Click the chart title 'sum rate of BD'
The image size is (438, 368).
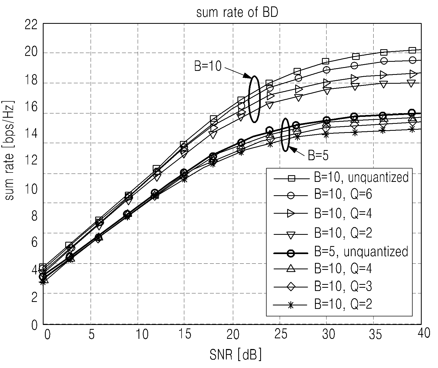237,13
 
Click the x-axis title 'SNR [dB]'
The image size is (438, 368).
235,355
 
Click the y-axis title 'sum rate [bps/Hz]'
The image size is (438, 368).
10,151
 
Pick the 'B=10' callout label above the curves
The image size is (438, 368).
208,66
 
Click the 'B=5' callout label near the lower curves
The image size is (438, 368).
318,156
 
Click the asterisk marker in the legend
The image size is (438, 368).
291,305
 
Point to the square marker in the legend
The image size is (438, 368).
291,178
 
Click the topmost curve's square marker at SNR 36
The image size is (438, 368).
384,52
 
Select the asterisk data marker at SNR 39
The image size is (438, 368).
412,130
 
